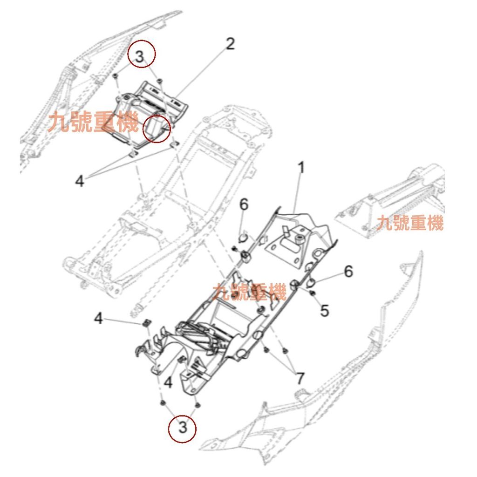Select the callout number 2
tap(230, 45)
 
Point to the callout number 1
tap(301, 167)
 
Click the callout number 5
tap(325, 310)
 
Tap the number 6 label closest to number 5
tap(348, 271)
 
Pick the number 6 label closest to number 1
tap(244, 204)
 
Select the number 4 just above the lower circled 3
tap(168, 382)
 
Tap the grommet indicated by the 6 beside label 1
tap(243, 238)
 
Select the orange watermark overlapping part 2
tap(93, 124)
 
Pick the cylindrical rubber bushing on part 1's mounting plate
tap(298, 238)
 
